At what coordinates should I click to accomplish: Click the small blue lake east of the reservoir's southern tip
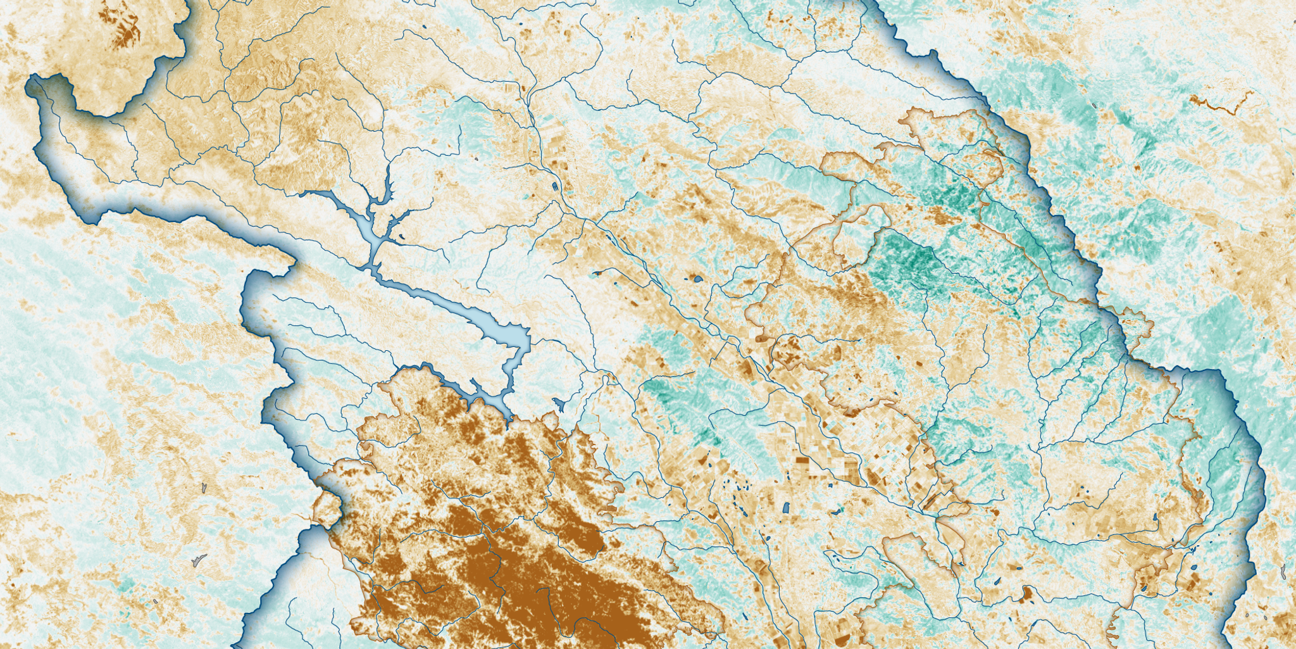tap(559, 403)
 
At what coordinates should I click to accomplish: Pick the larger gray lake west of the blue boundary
tap(199, 561)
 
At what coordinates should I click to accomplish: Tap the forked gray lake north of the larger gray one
tap(204, 488)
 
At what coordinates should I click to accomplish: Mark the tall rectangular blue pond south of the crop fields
tap(785, 507)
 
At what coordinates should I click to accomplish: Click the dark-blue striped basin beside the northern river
tap(555, 187)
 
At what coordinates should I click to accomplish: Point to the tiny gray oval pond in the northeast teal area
tap(1093, 105)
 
